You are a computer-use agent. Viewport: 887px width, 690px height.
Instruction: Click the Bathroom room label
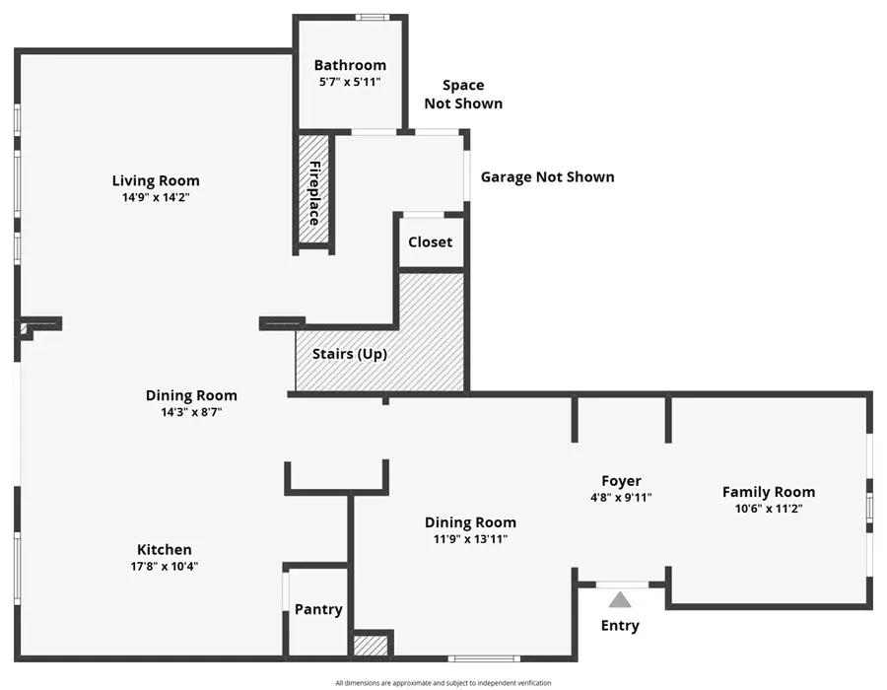pyautogui.click(x=350, y=65)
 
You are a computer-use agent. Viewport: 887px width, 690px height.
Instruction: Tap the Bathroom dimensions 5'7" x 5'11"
pyautogui.click(x=350, y=82)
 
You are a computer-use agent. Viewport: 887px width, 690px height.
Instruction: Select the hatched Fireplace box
pyautogui.click(x=314, y=192)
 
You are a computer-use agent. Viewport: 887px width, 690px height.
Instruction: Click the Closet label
pyautogui.click(x=431, y=241)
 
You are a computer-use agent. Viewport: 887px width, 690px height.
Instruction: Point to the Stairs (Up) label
pyautogui.click(x=350, y=354)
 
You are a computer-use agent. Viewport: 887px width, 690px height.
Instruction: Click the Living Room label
pyautogui.click(x=156, y=180)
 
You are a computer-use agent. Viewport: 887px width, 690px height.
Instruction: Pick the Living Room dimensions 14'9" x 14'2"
pyautogui.click(x=156, y=197)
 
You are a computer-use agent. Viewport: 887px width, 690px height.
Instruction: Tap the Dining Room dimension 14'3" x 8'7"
pyautogui.click(x=191, y=412)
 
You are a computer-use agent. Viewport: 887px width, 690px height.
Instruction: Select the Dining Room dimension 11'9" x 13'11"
pyautogui.click(x=470, y=539)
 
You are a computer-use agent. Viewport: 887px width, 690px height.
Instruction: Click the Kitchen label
pyautogui.click(x=165, y=549)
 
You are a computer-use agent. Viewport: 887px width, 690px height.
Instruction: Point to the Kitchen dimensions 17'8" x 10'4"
pyautogui.click(x=165, y=566)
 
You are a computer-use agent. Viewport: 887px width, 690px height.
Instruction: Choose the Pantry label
pyautogui.click(x=318, y=609)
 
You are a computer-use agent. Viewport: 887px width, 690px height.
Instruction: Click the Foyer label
pyautogui.click(x=621, y=481)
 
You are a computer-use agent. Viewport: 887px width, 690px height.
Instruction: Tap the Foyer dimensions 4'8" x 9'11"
pyautogui.click(x=621, y=498)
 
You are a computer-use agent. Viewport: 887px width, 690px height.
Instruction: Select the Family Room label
pyautogui.click(x=769, y=492)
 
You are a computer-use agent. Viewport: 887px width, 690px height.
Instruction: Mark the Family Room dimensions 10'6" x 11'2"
pyautogui.click(x=769, y=509)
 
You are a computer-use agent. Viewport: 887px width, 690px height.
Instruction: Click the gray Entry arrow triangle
pyautogui.click(x=619, y=599)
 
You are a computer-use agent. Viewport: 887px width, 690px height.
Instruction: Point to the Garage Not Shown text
pyautogui.click(x=547, y=177)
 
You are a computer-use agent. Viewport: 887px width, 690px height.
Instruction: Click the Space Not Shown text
pyautogui.click(x=463, y=95)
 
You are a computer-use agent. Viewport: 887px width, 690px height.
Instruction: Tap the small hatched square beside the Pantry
pyautogui.click(x=371, y=647)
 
